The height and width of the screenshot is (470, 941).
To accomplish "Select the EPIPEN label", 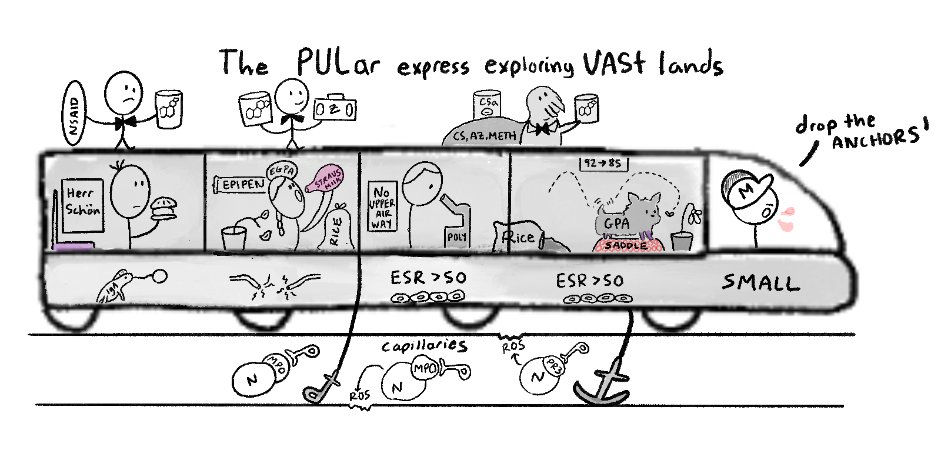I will click(243, 184).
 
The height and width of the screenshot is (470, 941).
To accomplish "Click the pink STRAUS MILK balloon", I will click(325, 178).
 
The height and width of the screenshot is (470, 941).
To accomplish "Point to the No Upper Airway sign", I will click(381, 207).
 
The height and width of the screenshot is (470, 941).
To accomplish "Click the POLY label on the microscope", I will click(456, 237).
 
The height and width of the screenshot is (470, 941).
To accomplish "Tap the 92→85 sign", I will click(603, 163).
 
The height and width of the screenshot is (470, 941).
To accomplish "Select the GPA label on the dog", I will click(616, 224).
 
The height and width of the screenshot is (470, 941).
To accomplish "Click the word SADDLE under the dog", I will click(627, 245).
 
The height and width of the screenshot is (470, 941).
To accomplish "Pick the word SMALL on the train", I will click(760, 283).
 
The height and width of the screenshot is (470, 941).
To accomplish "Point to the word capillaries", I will click(424, 346).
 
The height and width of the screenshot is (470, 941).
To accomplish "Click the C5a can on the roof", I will click(487, 108).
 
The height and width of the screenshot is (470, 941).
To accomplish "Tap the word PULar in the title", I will click(338, 62).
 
